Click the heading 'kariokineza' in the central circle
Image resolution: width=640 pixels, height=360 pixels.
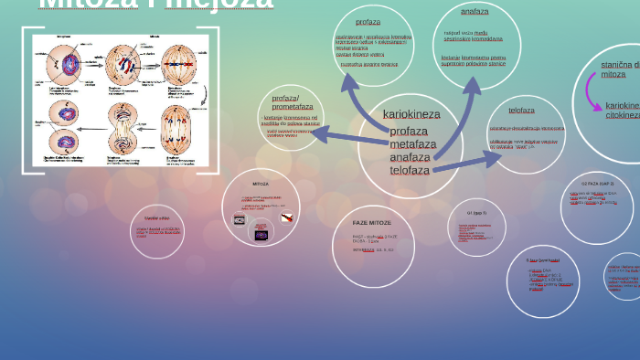411,114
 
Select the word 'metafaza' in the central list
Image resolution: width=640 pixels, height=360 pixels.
412,143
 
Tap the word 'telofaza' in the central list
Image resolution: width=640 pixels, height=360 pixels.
410,170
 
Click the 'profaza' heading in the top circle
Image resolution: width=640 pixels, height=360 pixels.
368,21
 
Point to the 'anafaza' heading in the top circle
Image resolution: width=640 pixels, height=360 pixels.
475,12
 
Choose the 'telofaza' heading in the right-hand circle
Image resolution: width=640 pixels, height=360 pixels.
522,111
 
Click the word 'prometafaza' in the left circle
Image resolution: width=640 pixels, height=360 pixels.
293,107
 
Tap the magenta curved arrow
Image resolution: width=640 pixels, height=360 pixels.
593,97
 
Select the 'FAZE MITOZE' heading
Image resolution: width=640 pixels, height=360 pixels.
372,223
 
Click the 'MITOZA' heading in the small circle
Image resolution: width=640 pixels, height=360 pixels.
261,184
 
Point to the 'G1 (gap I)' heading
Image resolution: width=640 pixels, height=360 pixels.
476,212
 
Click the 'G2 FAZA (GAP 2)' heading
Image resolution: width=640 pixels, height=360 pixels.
598,184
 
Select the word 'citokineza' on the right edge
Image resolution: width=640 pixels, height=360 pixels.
623,115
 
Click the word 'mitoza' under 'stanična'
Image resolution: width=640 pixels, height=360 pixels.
613,74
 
